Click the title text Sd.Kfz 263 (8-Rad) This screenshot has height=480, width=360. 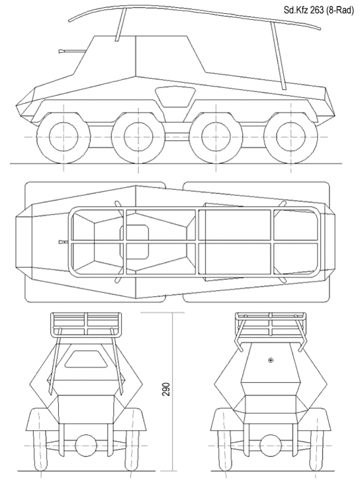coord(319,10)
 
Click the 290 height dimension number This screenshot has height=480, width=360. coord(166,389)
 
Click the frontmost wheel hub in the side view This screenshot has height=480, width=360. coord(63,136)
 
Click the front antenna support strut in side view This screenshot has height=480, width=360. coord(121,25)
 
